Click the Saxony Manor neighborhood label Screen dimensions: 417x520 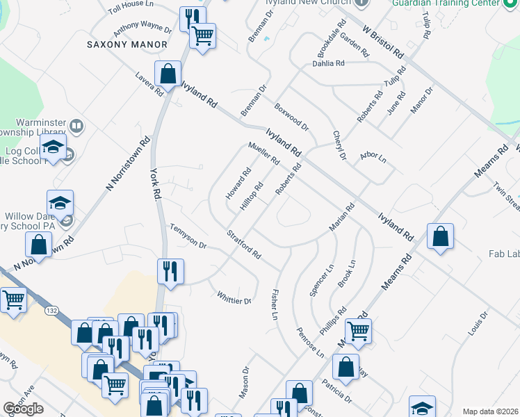[x=127, y=44]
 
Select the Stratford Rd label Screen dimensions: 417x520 [x=244, y=245]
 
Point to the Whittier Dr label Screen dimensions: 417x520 [x=234, y=297]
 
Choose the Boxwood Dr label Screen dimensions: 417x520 [x=291, y=117]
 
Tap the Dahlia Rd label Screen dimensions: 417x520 [x=330, y=64]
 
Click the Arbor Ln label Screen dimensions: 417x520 [x=373, y=158]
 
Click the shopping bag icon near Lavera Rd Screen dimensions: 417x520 [x=168, y=73]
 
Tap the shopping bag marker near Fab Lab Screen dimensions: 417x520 [x=440, y=236]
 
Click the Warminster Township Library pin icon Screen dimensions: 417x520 [x=77, y=126]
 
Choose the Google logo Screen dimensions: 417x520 [x=23, y=409]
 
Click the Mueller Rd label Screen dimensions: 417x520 [x=263, y=154]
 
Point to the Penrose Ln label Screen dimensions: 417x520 [x=310, y=342]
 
